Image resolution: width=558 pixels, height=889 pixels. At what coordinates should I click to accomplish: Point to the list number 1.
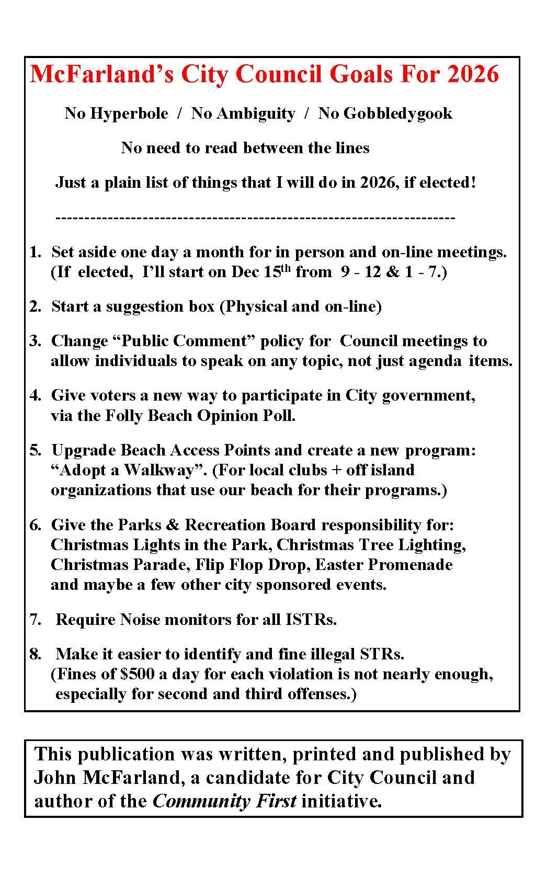35,252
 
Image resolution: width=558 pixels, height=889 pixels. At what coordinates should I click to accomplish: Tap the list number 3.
35,341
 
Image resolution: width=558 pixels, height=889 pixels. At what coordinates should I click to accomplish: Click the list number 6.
35,525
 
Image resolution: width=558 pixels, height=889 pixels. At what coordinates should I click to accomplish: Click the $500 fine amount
137,674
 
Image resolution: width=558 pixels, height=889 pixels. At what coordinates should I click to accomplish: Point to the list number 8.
35,654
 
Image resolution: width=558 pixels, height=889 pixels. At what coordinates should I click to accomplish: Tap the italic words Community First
224,801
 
